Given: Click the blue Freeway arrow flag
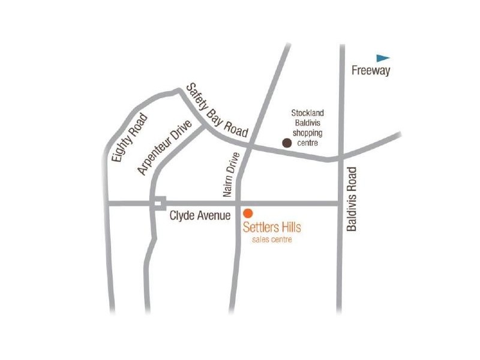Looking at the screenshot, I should (383, 58).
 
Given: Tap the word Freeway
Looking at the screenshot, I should (371, 71).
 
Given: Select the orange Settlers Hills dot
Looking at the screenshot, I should (247, 213).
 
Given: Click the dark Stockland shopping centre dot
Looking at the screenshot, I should (287, 143).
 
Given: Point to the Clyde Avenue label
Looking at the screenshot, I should (200, 215).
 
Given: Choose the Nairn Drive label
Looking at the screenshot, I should (231, 175).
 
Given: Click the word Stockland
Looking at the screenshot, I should (307, 113).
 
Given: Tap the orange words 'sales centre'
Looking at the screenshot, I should (271, 240).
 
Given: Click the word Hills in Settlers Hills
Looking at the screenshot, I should (288, 227).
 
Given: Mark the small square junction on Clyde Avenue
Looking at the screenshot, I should (159, 203).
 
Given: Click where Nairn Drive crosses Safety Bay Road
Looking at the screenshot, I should (248, 146).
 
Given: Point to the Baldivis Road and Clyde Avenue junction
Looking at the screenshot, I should (340, 203).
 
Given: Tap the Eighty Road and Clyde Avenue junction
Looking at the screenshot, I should (107, 203).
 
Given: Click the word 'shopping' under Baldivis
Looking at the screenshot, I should (307, 133).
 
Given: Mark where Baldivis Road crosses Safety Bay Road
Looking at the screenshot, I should (340, 158).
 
